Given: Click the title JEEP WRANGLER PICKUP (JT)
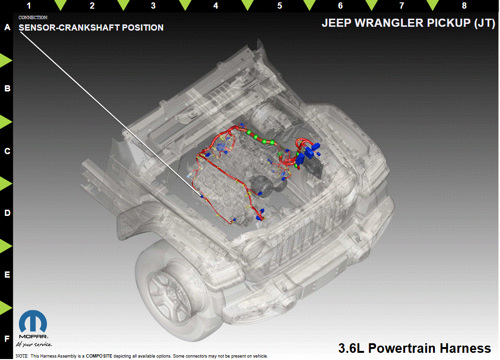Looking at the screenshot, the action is [x=408, y=23].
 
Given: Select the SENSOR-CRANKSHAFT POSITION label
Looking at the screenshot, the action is [x=91, y=28].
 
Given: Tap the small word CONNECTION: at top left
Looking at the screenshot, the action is [x=33, y=18].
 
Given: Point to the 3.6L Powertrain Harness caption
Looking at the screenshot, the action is [x=415, y=348].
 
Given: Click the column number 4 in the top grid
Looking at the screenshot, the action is [x=216, y=6].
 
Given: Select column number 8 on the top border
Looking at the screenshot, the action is [x=464, y=6].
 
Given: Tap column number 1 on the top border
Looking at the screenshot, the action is [x=29, y=6].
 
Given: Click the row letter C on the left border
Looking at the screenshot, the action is [x=7, y=151].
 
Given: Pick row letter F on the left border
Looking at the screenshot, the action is [x=7, y=338].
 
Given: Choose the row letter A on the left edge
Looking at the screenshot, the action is [x=7, y=27].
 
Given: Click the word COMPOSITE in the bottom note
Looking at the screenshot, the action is [x=99, y=356].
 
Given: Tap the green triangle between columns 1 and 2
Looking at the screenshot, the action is [x=61, y=5].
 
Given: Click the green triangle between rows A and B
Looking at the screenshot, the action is [x=6, y=60].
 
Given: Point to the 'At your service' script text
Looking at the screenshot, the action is [x=34, y=344].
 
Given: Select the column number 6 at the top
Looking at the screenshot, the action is [x=340, y=6].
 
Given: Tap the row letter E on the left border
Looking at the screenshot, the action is [x=7, y=275].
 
